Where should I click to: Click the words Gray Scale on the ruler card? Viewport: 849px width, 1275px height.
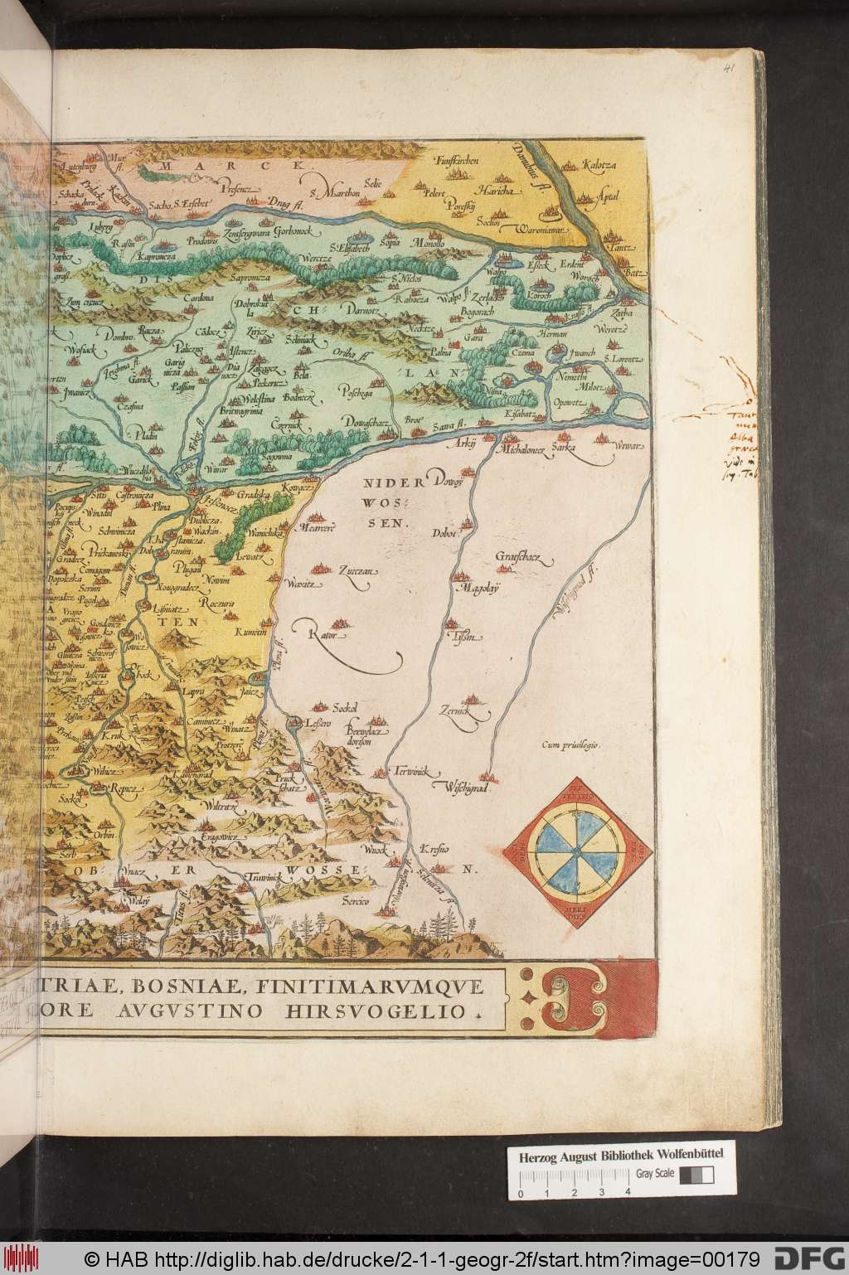(654, 1173)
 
